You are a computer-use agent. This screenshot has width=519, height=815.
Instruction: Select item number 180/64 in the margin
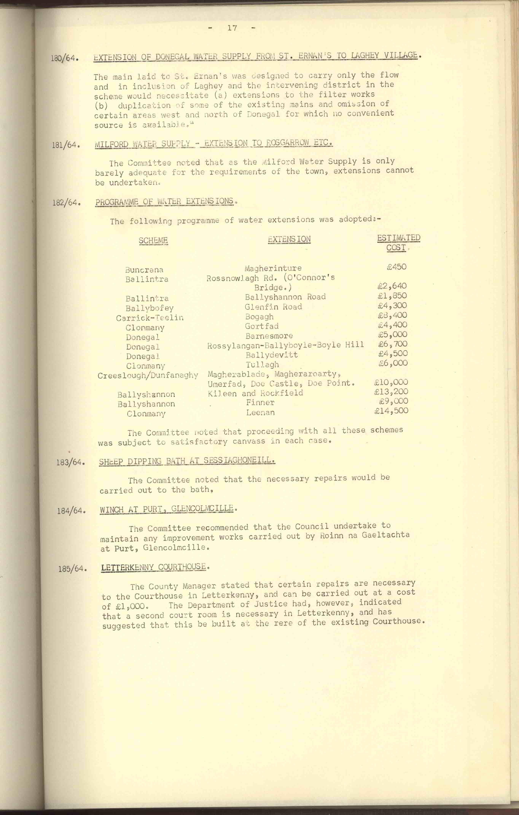click(x=65, y=58)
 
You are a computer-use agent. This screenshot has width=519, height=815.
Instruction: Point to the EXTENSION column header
click(x=289, y=239)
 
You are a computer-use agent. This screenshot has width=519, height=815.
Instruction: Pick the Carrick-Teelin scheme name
click(x=150, y=318)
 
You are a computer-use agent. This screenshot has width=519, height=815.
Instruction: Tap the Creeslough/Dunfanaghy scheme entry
click(x=148, y=375)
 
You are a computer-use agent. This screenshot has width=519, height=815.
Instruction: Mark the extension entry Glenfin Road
click(x=273, y=307)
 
